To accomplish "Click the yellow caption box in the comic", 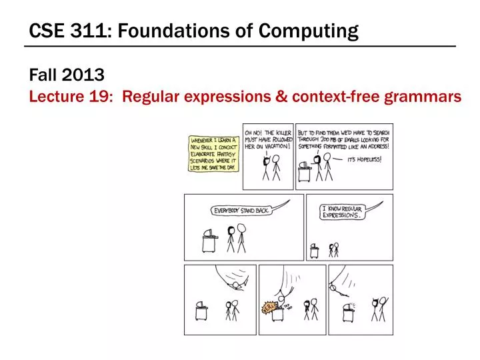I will pos(212,153).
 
